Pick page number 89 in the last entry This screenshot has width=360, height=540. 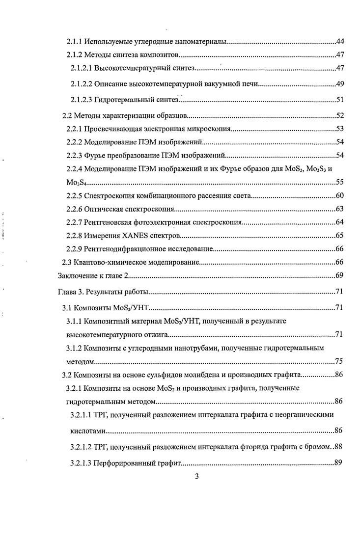(x=338, y=462)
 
